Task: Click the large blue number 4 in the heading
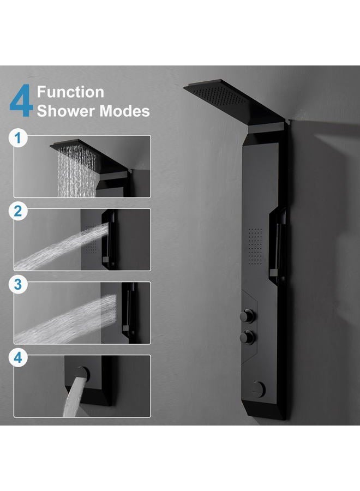(x=20, y=101)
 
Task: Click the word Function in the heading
(x=70, y=92)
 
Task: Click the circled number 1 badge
(x=20, y=139)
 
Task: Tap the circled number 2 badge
(x=20, y=211)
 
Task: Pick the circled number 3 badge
(x=20, y=285)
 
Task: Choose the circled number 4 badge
(x=20, y=358)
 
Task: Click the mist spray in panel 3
(x=60, y=319)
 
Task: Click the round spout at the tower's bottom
(x=259, y=389)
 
